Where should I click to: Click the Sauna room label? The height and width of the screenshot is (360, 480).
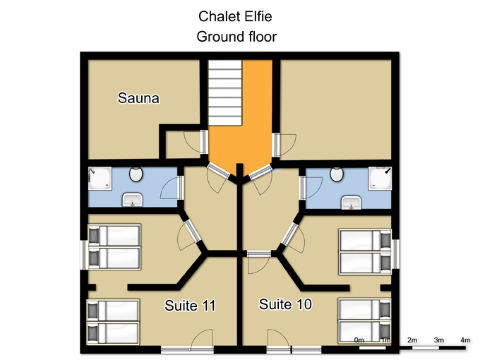pos(138,98)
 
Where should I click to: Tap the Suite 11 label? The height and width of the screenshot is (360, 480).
pos(190,306)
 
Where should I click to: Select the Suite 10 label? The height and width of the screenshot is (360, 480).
pos(285,304)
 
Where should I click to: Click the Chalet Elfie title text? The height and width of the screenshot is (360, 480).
pos(235,16)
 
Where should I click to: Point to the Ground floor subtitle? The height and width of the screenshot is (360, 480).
pos(236,37)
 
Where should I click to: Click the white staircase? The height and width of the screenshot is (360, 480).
pos(225,92)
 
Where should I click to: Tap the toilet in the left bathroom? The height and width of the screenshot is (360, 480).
pos(136,174)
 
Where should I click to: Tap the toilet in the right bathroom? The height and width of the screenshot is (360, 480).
pos(337,174)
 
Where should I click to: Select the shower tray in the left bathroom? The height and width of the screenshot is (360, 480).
pos(100,179)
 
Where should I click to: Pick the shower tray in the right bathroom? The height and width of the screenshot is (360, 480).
pos(380,179)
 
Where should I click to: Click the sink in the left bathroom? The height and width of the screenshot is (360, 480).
pos(132,200)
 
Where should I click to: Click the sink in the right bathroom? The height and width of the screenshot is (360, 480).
pos(352,203)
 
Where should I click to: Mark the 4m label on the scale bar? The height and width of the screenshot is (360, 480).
pos(465,340)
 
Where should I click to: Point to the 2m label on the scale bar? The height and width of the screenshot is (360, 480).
pos(412,340)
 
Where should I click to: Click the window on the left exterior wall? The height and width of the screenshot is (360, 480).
pos(84,255)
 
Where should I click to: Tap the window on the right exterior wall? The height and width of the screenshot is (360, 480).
pos(396,254)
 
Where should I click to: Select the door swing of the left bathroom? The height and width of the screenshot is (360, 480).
pos(169,187)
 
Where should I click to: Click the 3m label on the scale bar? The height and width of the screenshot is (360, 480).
pos(438,340)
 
